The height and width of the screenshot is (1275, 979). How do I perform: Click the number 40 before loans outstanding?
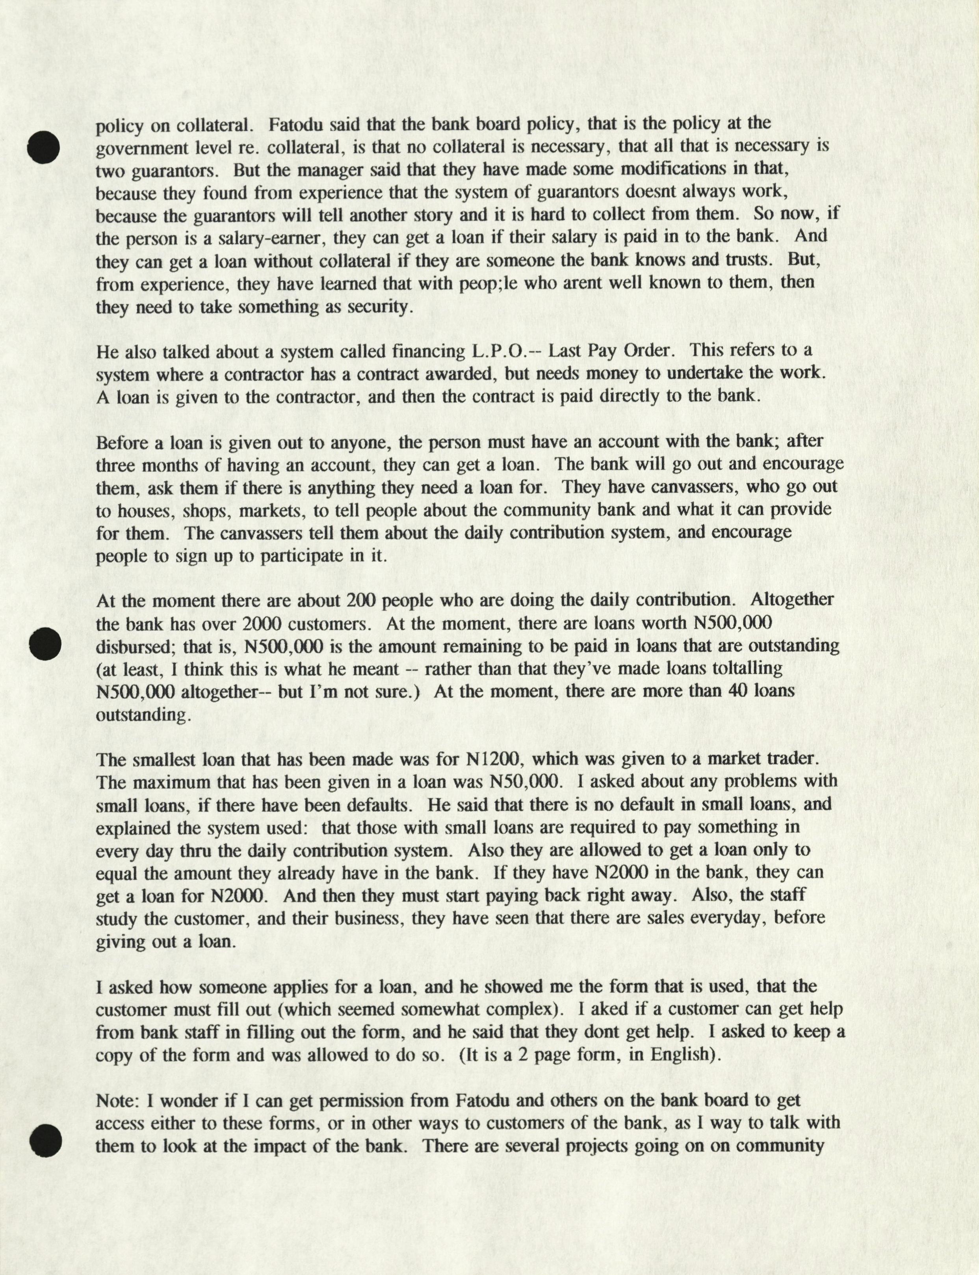[x=739, y=691]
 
